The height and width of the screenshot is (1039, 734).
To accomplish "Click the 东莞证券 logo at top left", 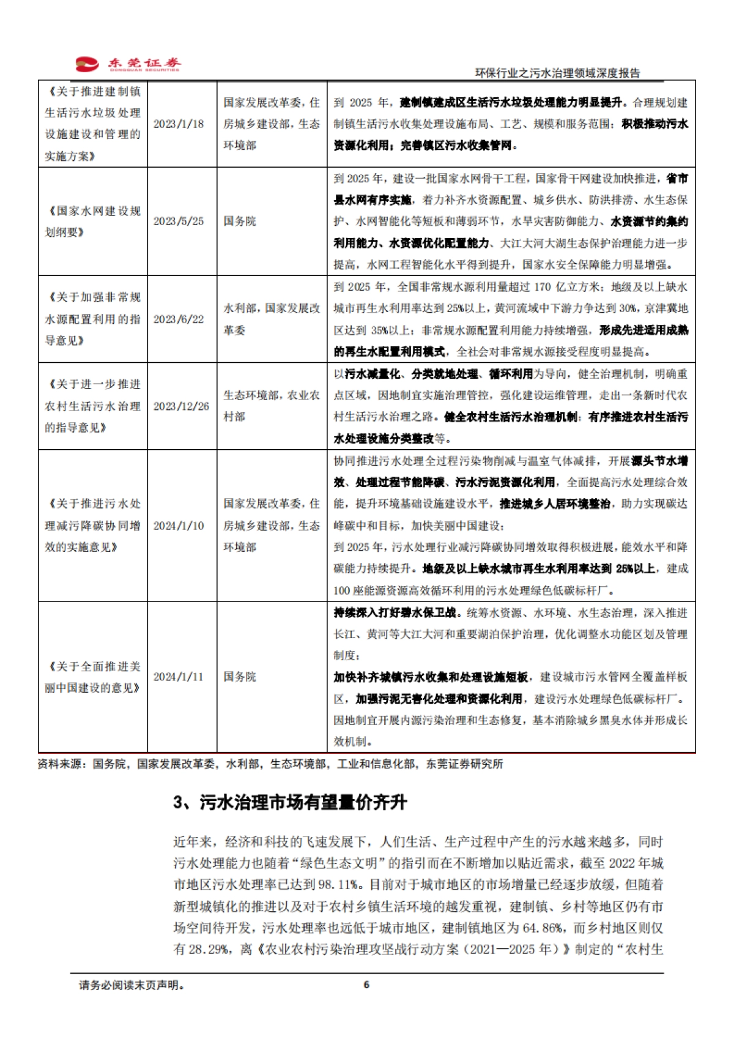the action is (128, 64).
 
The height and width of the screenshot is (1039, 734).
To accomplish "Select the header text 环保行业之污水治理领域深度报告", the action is (557, 73).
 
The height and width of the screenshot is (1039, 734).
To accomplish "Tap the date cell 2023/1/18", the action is (178, 124).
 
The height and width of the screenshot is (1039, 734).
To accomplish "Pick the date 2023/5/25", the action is (178, 221).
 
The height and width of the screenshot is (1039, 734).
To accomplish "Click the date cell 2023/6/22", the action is (178, 319).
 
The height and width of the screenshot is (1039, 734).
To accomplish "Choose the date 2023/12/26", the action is (181, 406).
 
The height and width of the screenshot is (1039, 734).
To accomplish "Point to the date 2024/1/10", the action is (178, 526).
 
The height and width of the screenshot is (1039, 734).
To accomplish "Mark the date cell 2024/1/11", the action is (178, 677).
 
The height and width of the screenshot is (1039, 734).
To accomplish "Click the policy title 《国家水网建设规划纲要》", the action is (92, 222).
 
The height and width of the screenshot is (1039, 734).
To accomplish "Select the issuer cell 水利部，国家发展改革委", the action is (271, 319).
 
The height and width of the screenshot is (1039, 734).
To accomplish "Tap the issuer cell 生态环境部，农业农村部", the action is (271, 406).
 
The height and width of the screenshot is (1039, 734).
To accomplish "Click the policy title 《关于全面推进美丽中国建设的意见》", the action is (92, 677).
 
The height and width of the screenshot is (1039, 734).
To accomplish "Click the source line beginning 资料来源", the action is (270, 764).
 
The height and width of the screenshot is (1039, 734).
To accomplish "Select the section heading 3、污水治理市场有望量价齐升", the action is (290, 802).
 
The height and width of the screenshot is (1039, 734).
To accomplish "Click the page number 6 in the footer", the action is (366, 985).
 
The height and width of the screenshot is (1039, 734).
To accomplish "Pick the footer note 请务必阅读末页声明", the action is (132, 985).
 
